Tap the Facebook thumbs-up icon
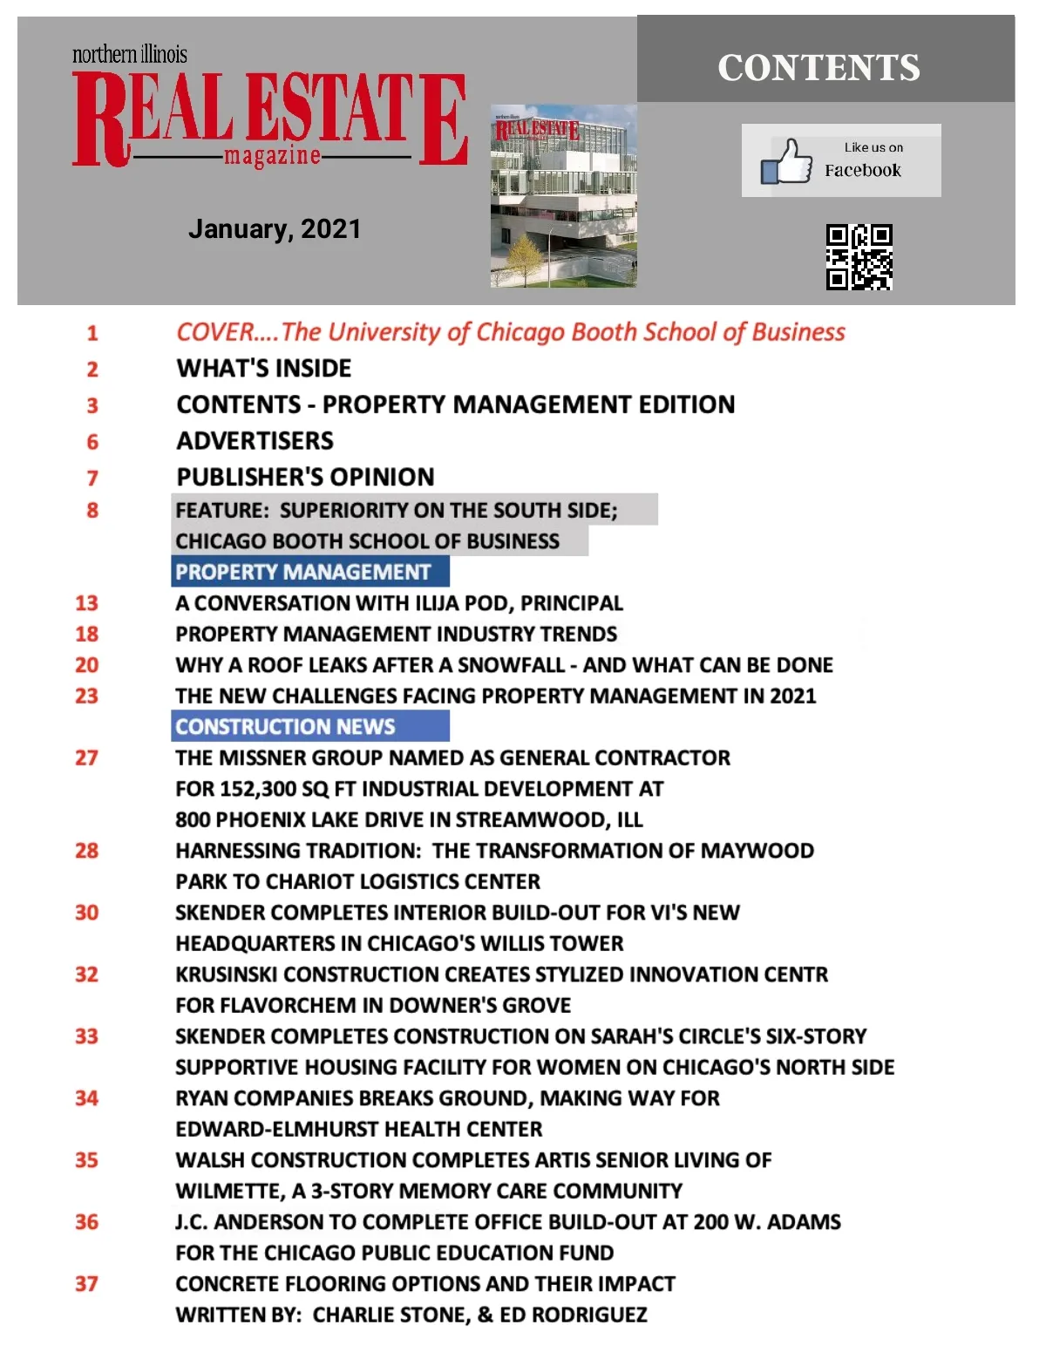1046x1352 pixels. coord(786,161)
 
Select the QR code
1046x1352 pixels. coord(859,257)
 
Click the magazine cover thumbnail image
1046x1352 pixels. coord(563,196)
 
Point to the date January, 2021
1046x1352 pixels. coord(275,229)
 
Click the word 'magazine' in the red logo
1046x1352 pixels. coord(272,157)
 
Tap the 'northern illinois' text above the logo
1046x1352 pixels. coord(130,55)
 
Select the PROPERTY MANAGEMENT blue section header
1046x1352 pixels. coord(303,572)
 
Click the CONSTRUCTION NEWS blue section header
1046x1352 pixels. coord(286,726)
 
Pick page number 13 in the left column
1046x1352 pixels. coord(86,603)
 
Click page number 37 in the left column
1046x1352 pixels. coord(86,1284)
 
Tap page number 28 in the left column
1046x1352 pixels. coord(86,851)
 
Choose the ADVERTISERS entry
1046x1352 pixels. coord(255,441)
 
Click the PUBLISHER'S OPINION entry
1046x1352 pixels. coord(305,478)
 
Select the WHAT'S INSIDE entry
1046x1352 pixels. coord(264,369)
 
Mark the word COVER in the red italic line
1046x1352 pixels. coord(214,332)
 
